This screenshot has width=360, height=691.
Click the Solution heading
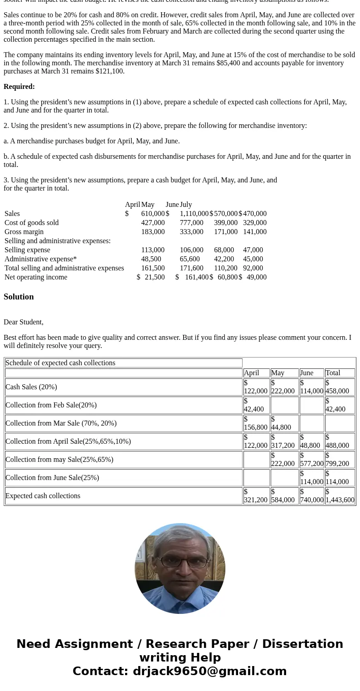pos(19,297)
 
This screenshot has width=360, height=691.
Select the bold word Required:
pos(19,87)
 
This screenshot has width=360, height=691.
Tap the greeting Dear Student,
pos(24,322)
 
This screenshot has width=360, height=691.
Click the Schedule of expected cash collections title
pos(60,363)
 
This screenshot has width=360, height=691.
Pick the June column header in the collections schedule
pos(306,373)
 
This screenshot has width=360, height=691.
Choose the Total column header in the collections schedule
pos(333,373)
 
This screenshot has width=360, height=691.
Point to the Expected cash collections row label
pos(43,496)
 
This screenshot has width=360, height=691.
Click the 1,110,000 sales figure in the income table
pos(194,214)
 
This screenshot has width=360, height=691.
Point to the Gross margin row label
pos(24,232)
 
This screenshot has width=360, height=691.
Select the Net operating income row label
pos(36,277)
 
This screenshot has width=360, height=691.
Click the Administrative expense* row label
pos(40,259)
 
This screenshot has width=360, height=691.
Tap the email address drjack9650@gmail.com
pos(209,671)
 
